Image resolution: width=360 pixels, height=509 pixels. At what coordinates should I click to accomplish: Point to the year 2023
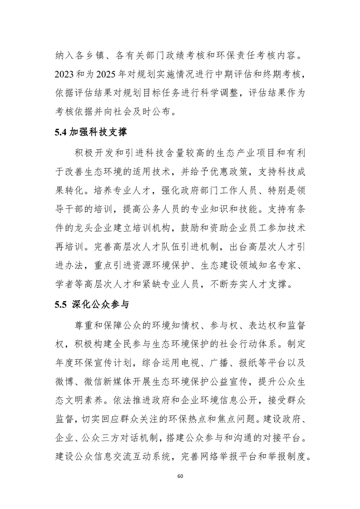(62, 74)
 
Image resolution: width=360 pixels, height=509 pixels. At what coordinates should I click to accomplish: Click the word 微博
(62, 382)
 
